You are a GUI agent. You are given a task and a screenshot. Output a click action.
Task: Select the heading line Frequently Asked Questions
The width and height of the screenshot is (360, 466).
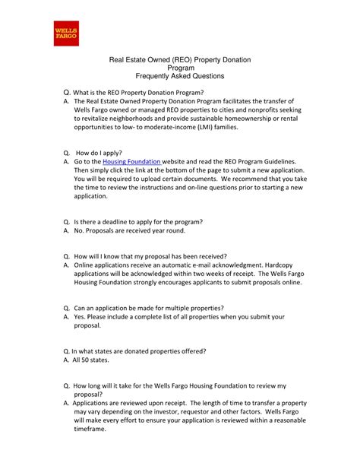[180, 78]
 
